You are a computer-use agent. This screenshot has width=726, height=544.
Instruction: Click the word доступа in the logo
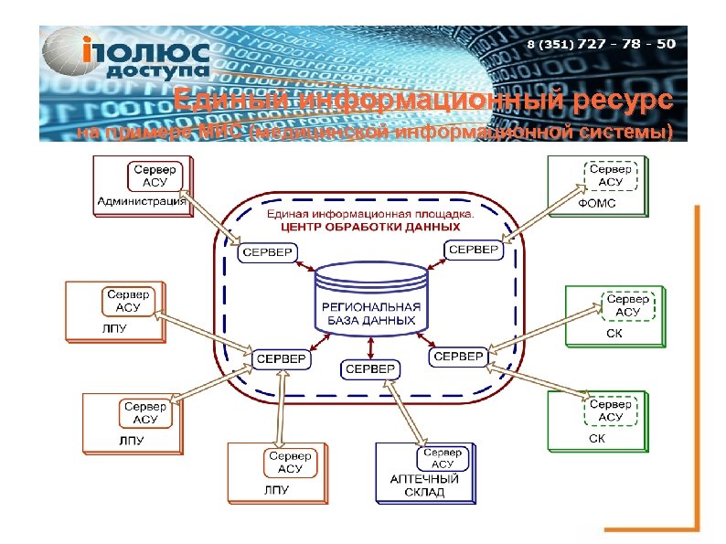click(x=156, y=69)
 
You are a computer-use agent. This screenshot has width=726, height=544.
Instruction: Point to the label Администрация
click(x=142, y=201)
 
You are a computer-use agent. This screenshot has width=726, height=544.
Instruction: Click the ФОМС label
click(x=597, y=204)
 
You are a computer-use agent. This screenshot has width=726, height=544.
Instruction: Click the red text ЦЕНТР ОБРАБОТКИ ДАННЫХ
click(x=370, y=225)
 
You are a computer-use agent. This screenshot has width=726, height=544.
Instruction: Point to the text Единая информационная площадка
click(x=370, y=213)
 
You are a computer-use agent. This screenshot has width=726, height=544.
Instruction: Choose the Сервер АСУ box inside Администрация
click(x=155, y=176)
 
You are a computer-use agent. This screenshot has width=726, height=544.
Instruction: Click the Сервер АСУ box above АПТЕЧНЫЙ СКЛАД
click(x=442, y=458)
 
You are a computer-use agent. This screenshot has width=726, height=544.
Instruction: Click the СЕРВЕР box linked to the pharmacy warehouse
click(x=369, y=369)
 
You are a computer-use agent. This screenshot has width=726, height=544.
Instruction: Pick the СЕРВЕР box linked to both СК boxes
click(x=457, y=356)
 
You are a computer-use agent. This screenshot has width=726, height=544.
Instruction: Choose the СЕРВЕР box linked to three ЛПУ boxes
click(x=281, y=359)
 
